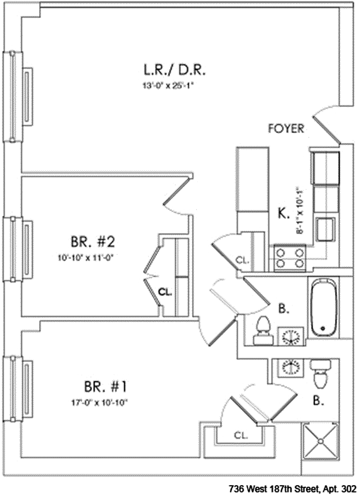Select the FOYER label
pyautogui.click(x=286, y=129)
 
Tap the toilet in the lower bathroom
pyautogui.click(x=320, y=373)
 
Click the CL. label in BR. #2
pyautogui.click(x=166, y=291)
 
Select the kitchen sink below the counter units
pyautogui.click(x=325, y=226)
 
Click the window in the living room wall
pyautogui.click(x=13, y=96)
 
